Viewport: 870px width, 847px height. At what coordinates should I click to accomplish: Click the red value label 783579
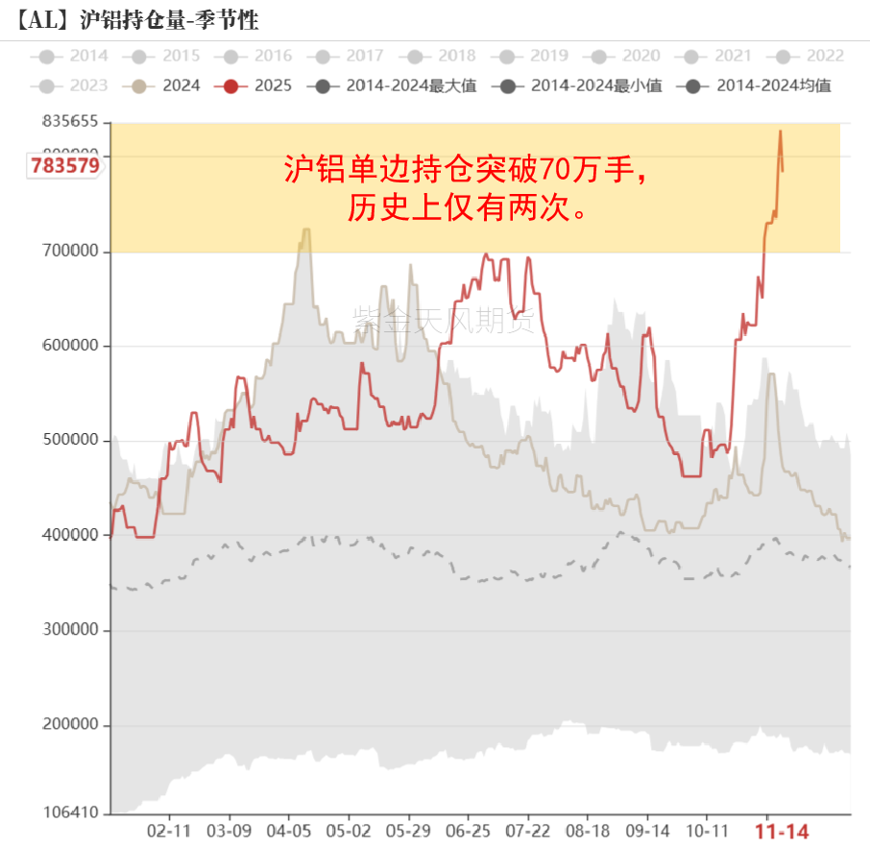(x=64, y=165)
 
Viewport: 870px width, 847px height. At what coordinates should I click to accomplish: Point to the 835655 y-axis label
(x=70, y=122)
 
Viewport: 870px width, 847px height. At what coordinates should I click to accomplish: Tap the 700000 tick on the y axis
(x=70, y=252)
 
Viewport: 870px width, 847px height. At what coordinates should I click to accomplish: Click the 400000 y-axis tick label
(x=70, y=535)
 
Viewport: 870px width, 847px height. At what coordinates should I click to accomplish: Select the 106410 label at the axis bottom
(x=70, y=813)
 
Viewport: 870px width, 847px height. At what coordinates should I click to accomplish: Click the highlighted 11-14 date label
(x=784, y=831)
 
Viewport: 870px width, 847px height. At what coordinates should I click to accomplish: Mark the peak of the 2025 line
(x=780, y=132)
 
